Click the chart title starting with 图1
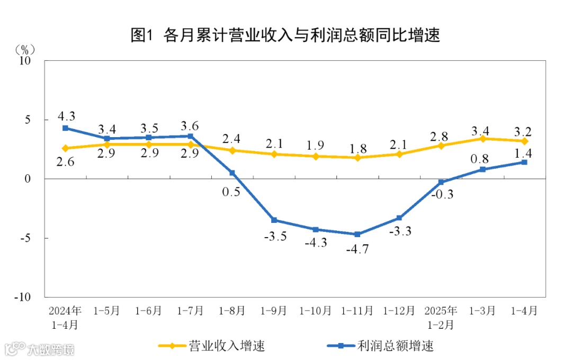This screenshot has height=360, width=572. click(x=285, y=35)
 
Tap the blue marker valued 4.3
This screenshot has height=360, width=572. click(x=65, y=128)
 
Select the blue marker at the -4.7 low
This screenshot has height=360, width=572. click(x=358, y=234)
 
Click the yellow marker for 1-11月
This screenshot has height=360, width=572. click(x=358, y=158)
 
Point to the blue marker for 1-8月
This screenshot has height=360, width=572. click(x=232, y=173)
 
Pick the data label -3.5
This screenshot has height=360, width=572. click(x=275, y=236)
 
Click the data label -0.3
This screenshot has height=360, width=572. click(x=443, y=194)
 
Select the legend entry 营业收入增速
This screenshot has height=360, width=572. click(x=212, y=346)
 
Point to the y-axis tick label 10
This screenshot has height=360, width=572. click(x=25, y=61)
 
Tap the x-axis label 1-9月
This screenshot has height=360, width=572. click(x=274, y=311)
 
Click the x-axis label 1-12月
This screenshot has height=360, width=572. click(x=399, y=311)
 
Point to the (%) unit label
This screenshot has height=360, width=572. click(x=24, y=49)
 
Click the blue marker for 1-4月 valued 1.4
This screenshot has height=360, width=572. click(x=524, y=162)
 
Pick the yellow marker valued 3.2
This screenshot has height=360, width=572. click(x=524, y=141)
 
